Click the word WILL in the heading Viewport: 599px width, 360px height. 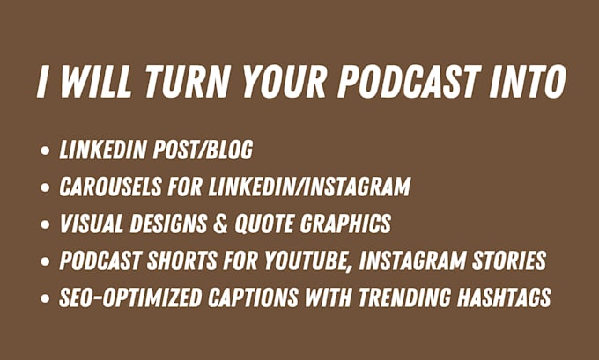(x=96, y=82)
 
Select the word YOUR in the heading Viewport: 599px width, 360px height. (x=284, y=82)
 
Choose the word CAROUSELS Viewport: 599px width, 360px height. (x=110, y=187)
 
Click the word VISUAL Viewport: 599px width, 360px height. (x=92, y=224)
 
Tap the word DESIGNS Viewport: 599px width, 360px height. (x=168, y=224)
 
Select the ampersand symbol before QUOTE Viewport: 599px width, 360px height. (x=221, y=224)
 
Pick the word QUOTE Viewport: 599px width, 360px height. (x=263, y=224)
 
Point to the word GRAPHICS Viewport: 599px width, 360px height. (x=345, y=224)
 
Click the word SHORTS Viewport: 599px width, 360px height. (x=182, y=261)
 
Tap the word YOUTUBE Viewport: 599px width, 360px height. (x=308, y=261)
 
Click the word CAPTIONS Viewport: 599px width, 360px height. (x=253, y=298)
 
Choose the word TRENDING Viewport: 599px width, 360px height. (x=404, y=298)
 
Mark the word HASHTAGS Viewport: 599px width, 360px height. (x=504, y=298)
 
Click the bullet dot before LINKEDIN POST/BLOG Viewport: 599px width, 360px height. (x=45, y=151)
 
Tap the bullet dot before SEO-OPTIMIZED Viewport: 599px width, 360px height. (x=45, y=298)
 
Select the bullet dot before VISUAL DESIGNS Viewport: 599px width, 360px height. (x=45, y=224)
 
